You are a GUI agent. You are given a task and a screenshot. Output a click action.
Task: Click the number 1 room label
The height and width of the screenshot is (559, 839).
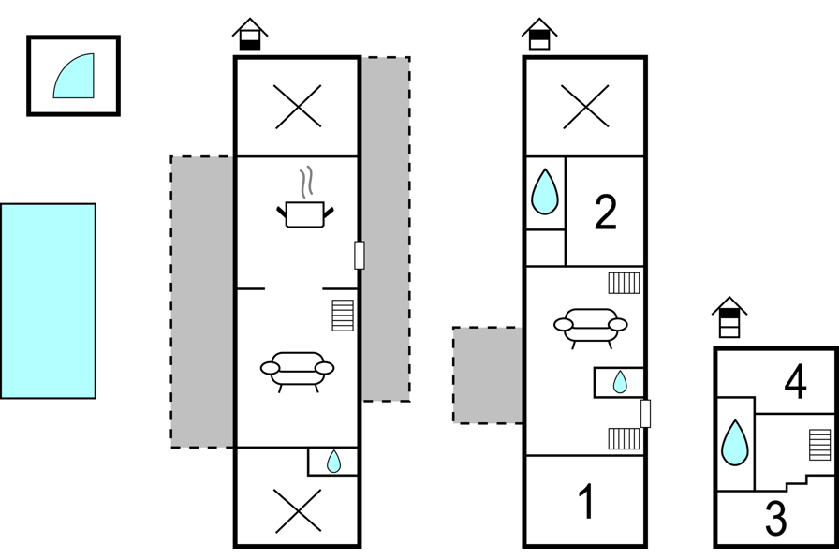coord(587,501)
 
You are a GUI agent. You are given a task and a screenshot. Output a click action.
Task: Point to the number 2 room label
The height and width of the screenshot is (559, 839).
coord(606,213)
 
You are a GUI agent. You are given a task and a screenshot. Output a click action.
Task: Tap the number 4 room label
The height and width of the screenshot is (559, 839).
coord(795,381)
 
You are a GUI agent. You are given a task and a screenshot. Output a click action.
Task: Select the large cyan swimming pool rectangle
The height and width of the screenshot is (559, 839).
coord(48,301)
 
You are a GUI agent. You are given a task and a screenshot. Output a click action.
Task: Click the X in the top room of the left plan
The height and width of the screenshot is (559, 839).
coord(298,107)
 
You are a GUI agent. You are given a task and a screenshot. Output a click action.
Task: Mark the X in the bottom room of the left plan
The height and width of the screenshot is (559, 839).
coord(298,511)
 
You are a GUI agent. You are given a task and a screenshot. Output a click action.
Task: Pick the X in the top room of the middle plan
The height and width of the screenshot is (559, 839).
coord(585,107)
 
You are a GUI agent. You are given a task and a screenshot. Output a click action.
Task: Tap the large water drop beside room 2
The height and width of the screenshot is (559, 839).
coord(545,192)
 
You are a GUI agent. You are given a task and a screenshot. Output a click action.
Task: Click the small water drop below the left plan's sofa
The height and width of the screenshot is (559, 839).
coord(333,461)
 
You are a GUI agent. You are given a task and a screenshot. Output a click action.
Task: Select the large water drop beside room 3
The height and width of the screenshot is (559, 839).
coord(735,442)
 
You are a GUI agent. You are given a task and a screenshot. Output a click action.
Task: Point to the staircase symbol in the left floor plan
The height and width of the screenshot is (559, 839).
coord(343,315)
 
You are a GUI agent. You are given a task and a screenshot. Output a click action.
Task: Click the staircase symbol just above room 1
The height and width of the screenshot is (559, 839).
coord(624,438)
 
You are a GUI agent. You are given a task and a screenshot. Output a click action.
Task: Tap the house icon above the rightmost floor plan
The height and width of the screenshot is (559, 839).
coord(729,317)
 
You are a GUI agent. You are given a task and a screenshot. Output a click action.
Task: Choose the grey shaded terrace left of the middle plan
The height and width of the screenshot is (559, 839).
coord(488,375)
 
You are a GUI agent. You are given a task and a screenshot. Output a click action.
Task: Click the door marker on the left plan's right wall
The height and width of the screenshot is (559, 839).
coord(360,256)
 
